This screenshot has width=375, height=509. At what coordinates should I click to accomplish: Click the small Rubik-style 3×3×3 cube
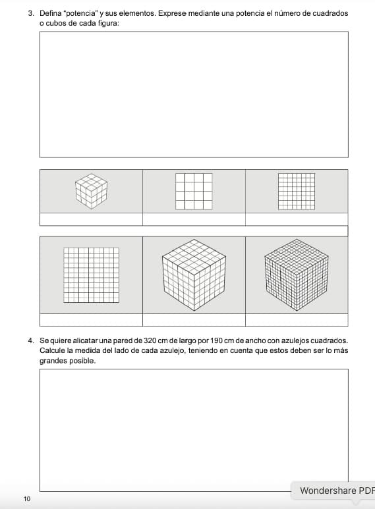(92, 191)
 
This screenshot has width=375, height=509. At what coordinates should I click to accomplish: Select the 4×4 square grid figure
(194, 191)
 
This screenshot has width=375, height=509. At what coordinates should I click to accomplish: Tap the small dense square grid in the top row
(297, 191)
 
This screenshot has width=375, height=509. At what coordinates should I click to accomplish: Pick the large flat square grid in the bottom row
(92, 275)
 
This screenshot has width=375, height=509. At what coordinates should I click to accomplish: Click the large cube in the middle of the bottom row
(194, 275)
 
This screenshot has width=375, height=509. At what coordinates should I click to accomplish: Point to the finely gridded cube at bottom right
(297, 275)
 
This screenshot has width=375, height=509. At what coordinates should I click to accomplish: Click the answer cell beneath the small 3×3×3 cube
(92, 219)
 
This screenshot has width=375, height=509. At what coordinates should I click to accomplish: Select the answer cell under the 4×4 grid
(194, 219)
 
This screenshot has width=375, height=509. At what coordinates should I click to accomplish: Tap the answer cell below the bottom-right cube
(297, 320)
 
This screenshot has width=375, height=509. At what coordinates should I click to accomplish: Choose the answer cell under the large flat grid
(92, 320)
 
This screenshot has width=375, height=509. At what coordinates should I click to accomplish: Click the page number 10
(27, 498)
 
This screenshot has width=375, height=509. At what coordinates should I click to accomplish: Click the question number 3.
(31, 14)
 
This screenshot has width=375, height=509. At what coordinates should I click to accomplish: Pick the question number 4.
(31, 341)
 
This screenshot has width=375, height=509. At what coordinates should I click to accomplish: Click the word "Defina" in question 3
(50, 14)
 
